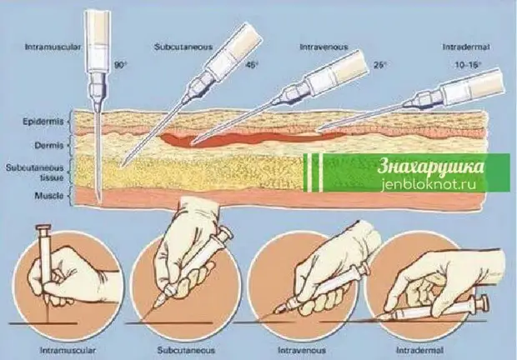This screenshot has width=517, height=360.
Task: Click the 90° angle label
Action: pos(120,65)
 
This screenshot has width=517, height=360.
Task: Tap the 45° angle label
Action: pos(251,65)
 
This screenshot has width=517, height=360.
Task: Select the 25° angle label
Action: pos(380,65)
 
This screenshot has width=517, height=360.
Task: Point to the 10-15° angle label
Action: pos(468,65)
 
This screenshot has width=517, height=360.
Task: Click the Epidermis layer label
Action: pos(43,122)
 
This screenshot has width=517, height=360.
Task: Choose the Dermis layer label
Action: pos(49,145)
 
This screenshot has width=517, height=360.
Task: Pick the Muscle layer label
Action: pos(49,196)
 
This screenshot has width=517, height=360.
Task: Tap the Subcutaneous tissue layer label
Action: pos(35,173)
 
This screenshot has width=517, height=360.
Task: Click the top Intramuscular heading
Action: pos(53,47)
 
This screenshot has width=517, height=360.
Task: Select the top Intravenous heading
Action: pos(324,47)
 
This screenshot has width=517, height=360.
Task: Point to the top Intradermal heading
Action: pos(466,47)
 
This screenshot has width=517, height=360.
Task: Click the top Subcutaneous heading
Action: pos(183,47)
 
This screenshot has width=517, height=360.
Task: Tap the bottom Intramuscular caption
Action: pos(68,350)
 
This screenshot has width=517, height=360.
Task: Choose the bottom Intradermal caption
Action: pos(419,350)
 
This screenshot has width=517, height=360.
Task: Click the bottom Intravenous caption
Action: pos(302,350)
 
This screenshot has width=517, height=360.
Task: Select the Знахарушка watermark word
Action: pos(431,167)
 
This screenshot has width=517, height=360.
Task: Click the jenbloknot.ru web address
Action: pos(428,184)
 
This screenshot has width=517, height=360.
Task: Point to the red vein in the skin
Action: pos(251,139)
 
